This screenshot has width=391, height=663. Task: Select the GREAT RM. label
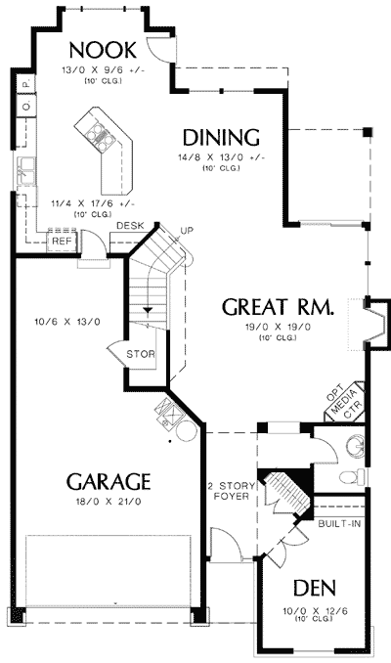point(278,307)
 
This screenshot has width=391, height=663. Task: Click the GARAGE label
point(108,481)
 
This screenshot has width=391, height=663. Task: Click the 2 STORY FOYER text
point(230,490)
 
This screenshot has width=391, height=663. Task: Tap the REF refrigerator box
point(62,240)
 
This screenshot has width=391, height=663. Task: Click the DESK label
point(129,226)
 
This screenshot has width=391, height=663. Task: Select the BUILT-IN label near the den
point(338,523)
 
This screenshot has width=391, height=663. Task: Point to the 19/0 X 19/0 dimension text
point(278,329)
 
